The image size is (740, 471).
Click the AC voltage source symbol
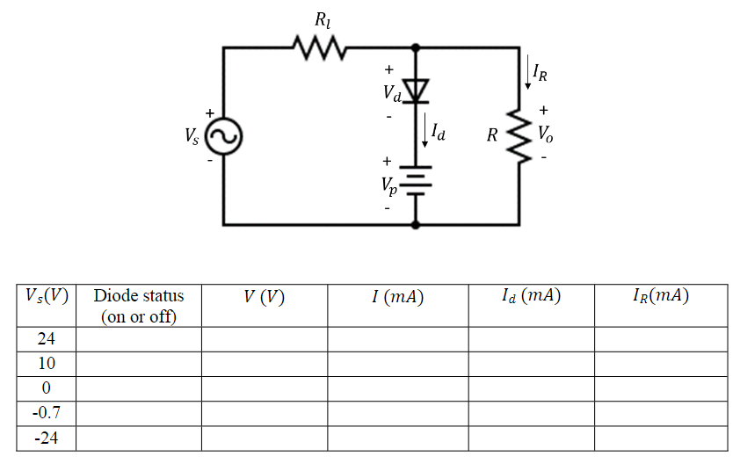coord(224,136)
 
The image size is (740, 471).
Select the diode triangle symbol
coord(417,90)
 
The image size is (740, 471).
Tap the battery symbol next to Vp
coord(417,179)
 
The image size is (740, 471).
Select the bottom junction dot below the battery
coord(417,225)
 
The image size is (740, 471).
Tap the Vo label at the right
coord(547,135)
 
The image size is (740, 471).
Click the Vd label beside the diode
coord(391,92)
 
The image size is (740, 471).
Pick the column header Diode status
coord(138,305)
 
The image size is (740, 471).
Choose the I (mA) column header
coord(397,297)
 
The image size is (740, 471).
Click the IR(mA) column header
coord(660,296)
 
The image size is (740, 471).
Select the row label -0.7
coord(46,413)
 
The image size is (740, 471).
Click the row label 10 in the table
coord(46,364)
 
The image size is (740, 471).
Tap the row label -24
coord(46,438)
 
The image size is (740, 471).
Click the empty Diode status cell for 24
coord(138,339)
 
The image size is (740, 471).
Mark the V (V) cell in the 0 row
coord(264,388)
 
